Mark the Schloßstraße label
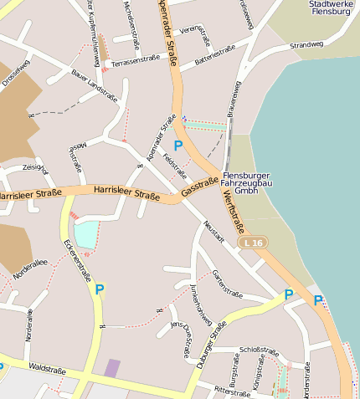[259, 350]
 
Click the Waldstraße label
[46, 368]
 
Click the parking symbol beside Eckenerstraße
[100, 289]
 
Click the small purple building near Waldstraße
[112, 368]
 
